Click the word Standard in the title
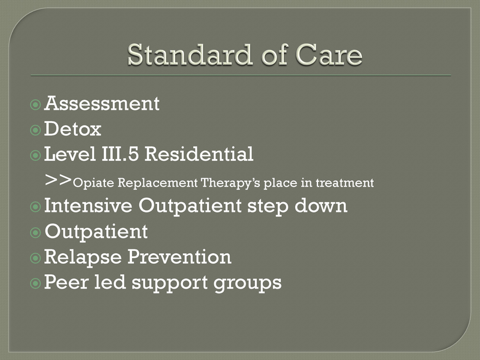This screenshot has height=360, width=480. tap(190, 55)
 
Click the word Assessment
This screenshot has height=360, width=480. tap(102, 103)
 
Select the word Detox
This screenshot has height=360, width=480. tap(73, 129)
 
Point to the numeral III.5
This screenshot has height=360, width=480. tap(120, 154)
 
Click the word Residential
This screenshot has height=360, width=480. tap(199, 154)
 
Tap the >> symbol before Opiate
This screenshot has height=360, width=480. tap(58, 179)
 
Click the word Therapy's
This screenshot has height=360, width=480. tap(230, 183)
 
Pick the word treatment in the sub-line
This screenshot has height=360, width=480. tap(344, 183)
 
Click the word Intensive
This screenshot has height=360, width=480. tap(88, 205)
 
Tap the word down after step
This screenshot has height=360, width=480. tap(321, 205)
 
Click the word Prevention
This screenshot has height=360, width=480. tap(179, 257)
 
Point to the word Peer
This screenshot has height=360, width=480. tap(67, 282)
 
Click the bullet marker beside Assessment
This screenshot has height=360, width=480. tap(35, 105)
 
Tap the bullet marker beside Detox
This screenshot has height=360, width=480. tap(35, 130)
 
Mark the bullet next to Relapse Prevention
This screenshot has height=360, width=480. tap(35, 258)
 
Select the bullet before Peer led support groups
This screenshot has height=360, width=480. tap(35, 283)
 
